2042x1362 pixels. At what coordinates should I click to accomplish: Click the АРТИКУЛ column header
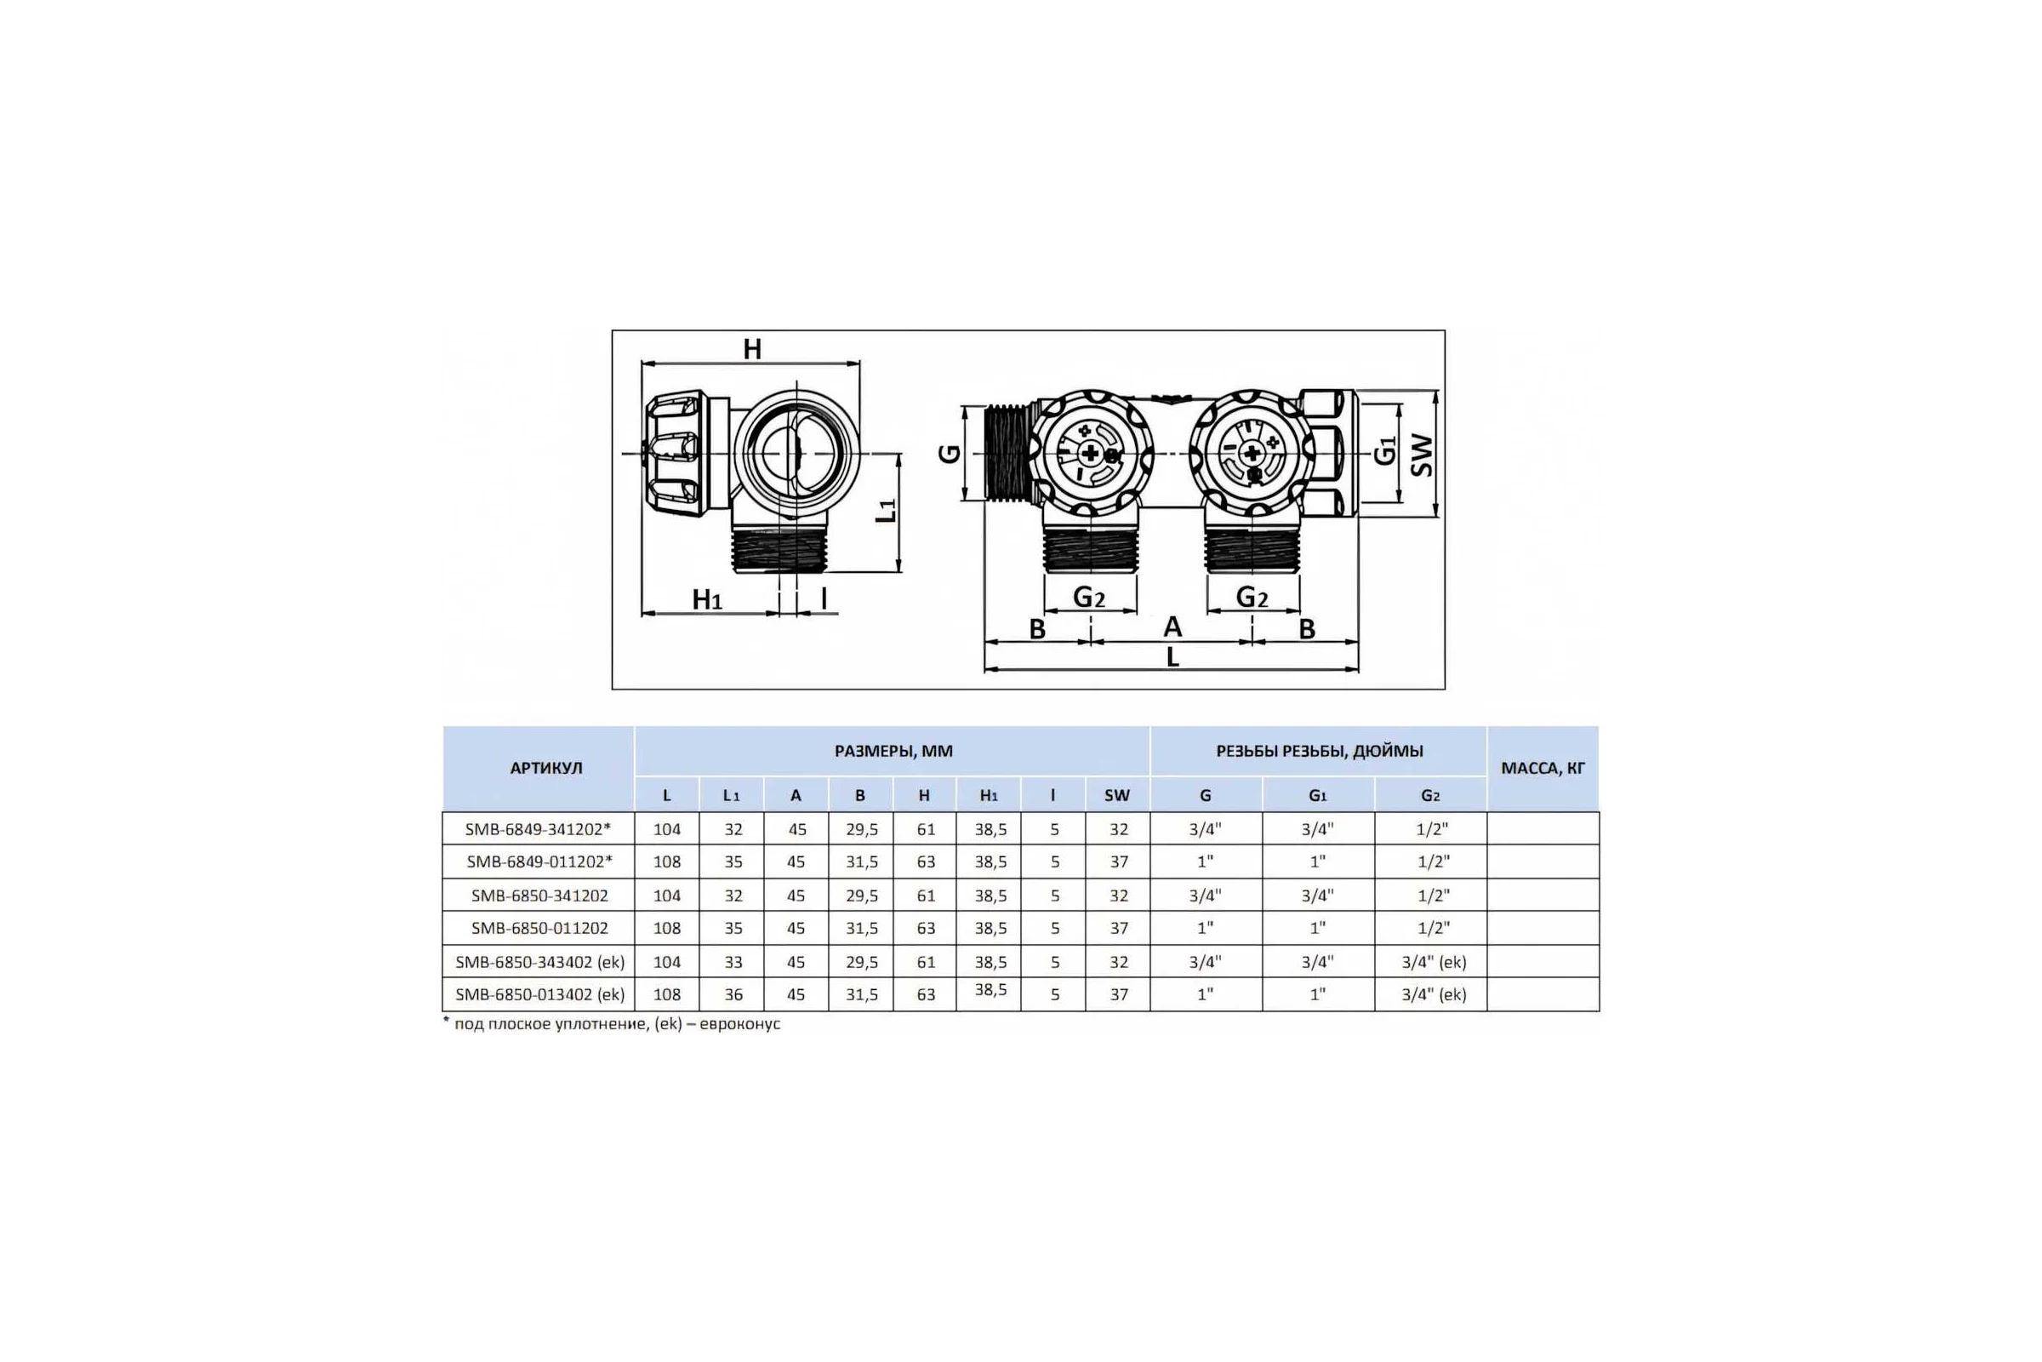click(546, 768)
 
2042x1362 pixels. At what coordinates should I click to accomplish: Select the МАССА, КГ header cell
click(1543, 768)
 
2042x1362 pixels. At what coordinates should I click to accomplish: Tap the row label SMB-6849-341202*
click(539, 828)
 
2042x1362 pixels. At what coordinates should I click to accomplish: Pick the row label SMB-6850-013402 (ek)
click(539, 993)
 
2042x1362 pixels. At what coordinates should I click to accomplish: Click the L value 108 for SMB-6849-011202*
click(667, 861)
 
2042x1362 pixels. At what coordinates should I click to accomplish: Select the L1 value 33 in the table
click(733, 962)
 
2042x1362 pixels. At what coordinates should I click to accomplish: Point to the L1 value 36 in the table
click(733, 994)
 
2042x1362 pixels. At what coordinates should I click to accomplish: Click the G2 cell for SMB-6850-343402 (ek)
click(1434, 962)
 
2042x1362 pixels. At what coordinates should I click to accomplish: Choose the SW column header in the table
click(1117, 795)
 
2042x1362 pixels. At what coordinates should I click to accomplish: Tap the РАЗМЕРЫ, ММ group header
click(893, 752)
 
